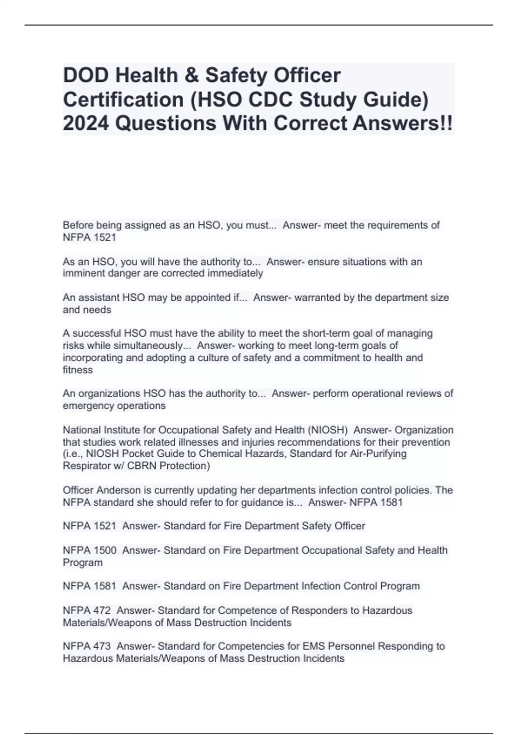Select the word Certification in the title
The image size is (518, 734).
pos(123,99)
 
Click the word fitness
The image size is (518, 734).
pos(78,370)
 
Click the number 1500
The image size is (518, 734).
pos(106,550)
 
